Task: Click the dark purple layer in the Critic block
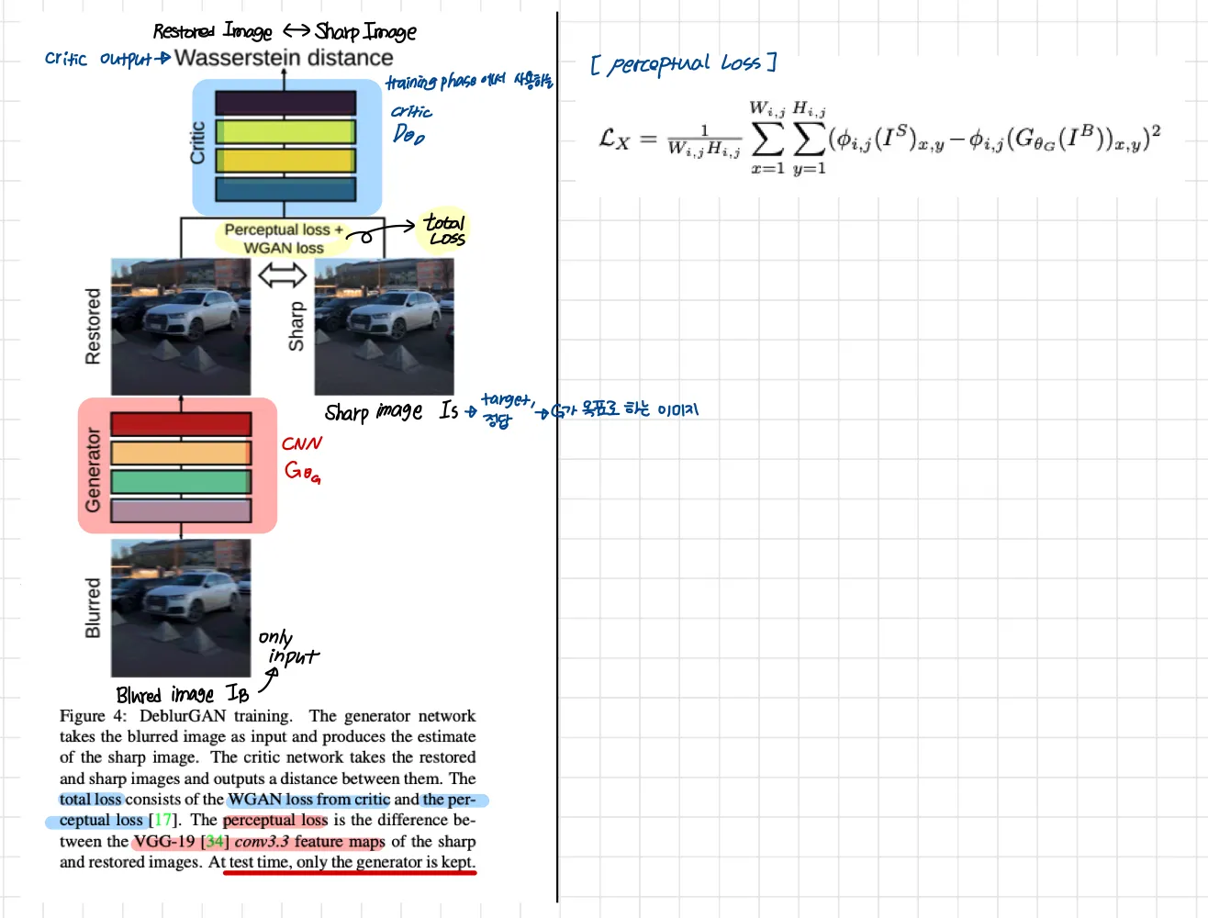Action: point(285,102)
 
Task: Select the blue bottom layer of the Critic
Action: point(285,189)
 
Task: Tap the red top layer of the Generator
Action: point(181,424)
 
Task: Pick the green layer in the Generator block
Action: point(181,482)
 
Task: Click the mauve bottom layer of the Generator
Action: point(181,510)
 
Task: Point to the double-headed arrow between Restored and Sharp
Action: point(282,274)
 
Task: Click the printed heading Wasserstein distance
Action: point(284,58)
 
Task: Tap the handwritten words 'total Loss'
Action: point(445,229)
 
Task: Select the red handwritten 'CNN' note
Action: point(302,443)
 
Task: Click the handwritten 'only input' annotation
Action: point(286,647)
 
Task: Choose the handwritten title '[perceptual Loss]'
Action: point(684,63)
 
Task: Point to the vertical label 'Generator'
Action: point(93,469)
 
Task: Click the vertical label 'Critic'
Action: point(197,142)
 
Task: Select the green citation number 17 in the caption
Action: point(162,820)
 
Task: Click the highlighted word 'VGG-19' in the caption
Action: point(164,841)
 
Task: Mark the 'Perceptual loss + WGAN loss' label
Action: point(283,239)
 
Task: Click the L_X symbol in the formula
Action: point(614,139)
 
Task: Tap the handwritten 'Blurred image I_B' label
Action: point(182,694)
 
